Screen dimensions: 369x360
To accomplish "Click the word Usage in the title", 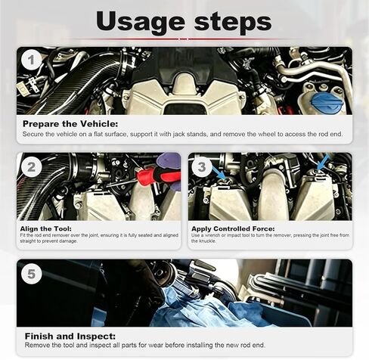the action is (x=140, y=23).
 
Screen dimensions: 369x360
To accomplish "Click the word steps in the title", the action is (x=233, y=23).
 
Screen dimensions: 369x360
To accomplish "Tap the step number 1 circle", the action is (x=31, y=61).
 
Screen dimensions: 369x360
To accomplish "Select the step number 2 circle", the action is (x=31, y=166).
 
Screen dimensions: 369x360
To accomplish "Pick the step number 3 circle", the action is (x=202, y=166).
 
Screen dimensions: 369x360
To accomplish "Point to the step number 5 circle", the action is (x=31, y=274).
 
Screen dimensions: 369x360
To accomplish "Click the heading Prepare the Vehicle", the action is (x=70, y=124).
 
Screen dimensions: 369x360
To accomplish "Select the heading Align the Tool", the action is (x=46, y=228).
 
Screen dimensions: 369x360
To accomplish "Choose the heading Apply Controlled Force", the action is (x=233, y=228).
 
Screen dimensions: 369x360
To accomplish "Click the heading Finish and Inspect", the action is (x=70, y=337).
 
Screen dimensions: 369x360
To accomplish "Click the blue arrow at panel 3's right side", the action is (x=323, y=163).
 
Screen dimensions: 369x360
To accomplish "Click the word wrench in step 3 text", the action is (x=209, y=235).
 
